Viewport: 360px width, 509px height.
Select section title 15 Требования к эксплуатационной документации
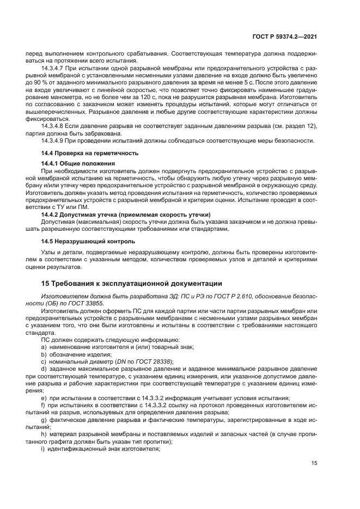(131, 284)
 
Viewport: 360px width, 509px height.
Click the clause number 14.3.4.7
(53, 68)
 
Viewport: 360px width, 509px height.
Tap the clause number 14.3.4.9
(53, 141)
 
